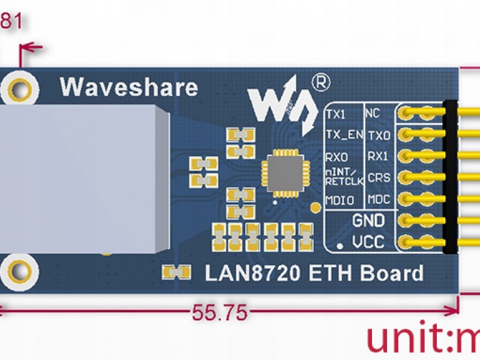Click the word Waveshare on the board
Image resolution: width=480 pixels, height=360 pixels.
pos(128,87)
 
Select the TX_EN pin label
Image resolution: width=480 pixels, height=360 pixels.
pos(343,134)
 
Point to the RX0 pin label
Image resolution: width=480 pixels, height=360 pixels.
pos(336,157)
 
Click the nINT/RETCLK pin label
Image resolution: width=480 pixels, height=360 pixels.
pos(343,178)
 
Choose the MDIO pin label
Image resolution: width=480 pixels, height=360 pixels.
pos(339,199)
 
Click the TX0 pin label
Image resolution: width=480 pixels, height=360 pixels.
pos(379,134)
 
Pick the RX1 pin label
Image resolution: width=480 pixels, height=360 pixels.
pos(378,156)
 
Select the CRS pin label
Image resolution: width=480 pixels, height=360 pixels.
pos(379,178)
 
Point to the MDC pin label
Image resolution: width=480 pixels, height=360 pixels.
pos(379,199)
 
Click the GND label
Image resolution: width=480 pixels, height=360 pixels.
pos(368,221)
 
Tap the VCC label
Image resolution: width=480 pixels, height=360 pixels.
pos(368,242)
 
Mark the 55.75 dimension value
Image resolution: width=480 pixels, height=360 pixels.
pos(219,312)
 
